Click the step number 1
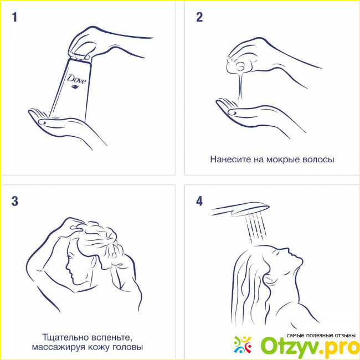15,17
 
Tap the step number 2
199,17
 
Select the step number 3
15,201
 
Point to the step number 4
199,201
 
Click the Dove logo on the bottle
76,81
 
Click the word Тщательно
65,337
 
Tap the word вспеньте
111,337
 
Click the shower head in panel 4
240,209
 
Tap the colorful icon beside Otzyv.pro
243,344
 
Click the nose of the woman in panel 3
67,268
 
